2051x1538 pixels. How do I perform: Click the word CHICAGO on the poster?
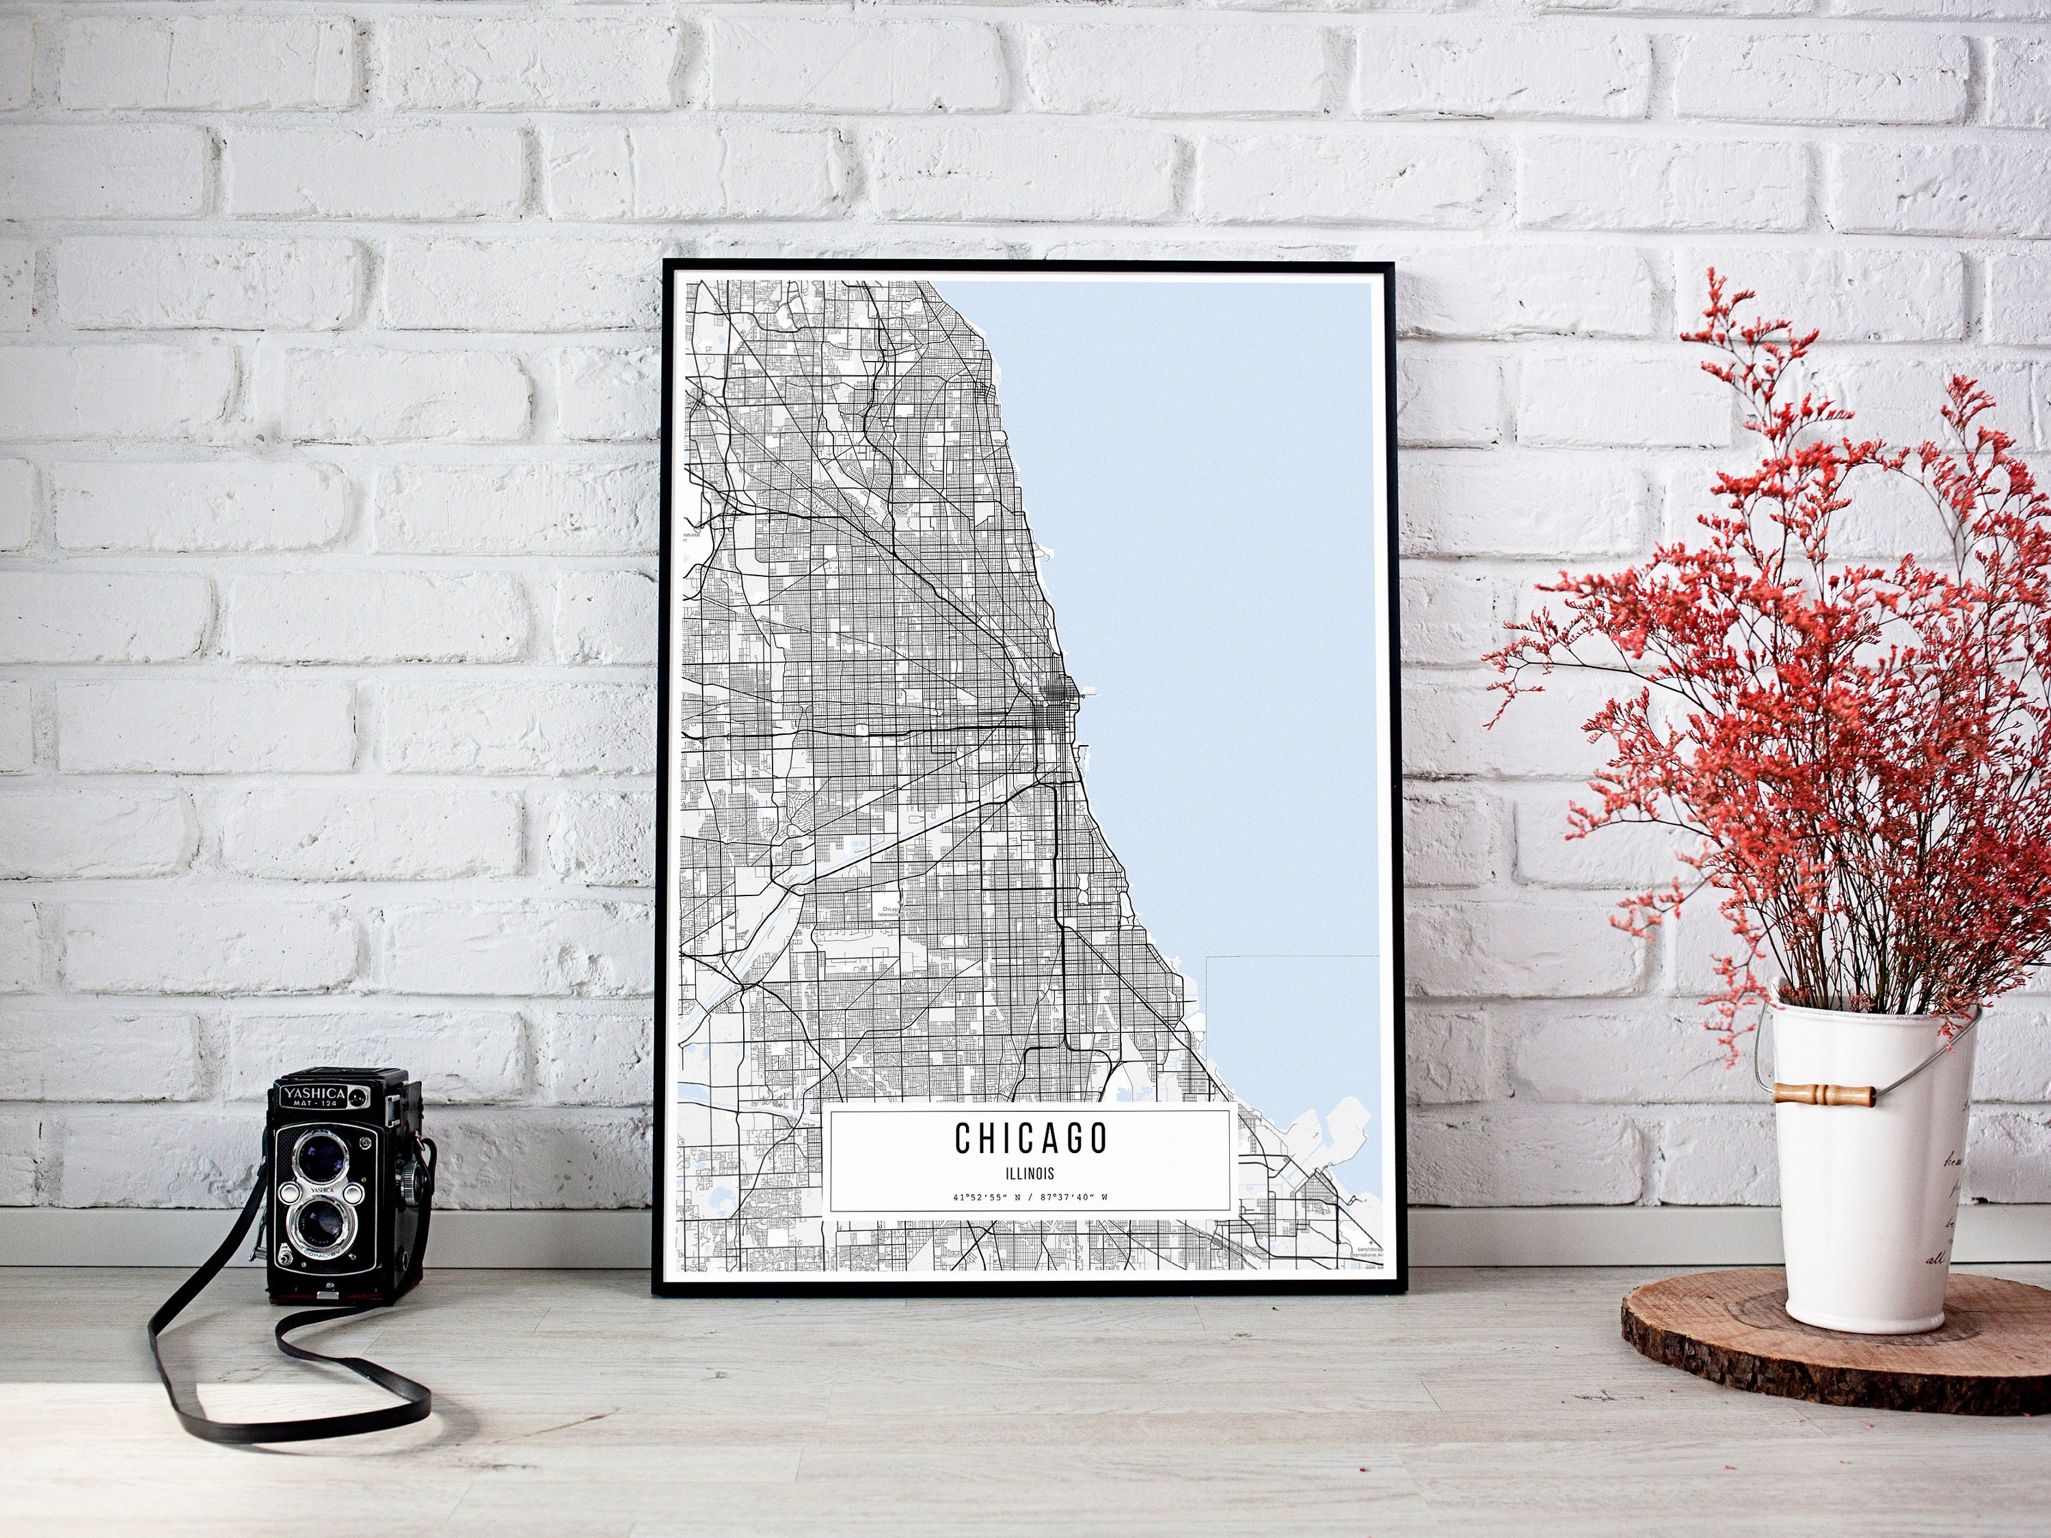pos(1031,1138)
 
